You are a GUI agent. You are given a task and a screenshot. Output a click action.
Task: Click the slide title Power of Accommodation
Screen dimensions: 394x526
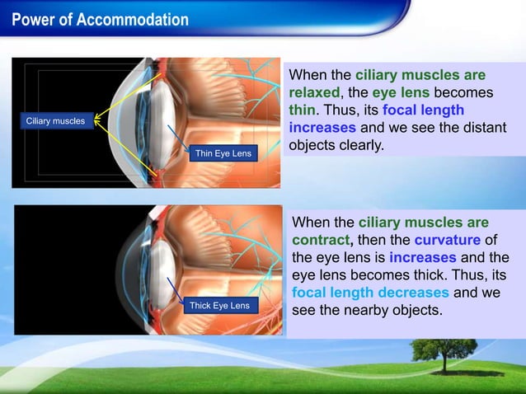point(101,19)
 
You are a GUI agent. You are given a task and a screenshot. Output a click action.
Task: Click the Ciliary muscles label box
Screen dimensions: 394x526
point(55,121)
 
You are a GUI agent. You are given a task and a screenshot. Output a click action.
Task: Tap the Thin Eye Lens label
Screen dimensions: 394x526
point(223,153)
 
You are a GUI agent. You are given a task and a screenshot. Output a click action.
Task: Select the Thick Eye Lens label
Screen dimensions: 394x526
point(219,306)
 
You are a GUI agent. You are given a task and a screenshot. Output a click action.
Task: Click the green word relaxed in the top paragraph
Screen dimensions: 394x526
point(314,92)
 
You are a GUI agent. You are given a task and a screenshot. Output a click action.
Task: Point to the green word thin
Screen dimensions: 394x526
point(302,110)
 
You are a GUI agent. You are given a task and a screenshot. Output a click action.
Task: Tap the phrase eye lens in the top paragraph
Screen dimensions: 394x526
point(401,92)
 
